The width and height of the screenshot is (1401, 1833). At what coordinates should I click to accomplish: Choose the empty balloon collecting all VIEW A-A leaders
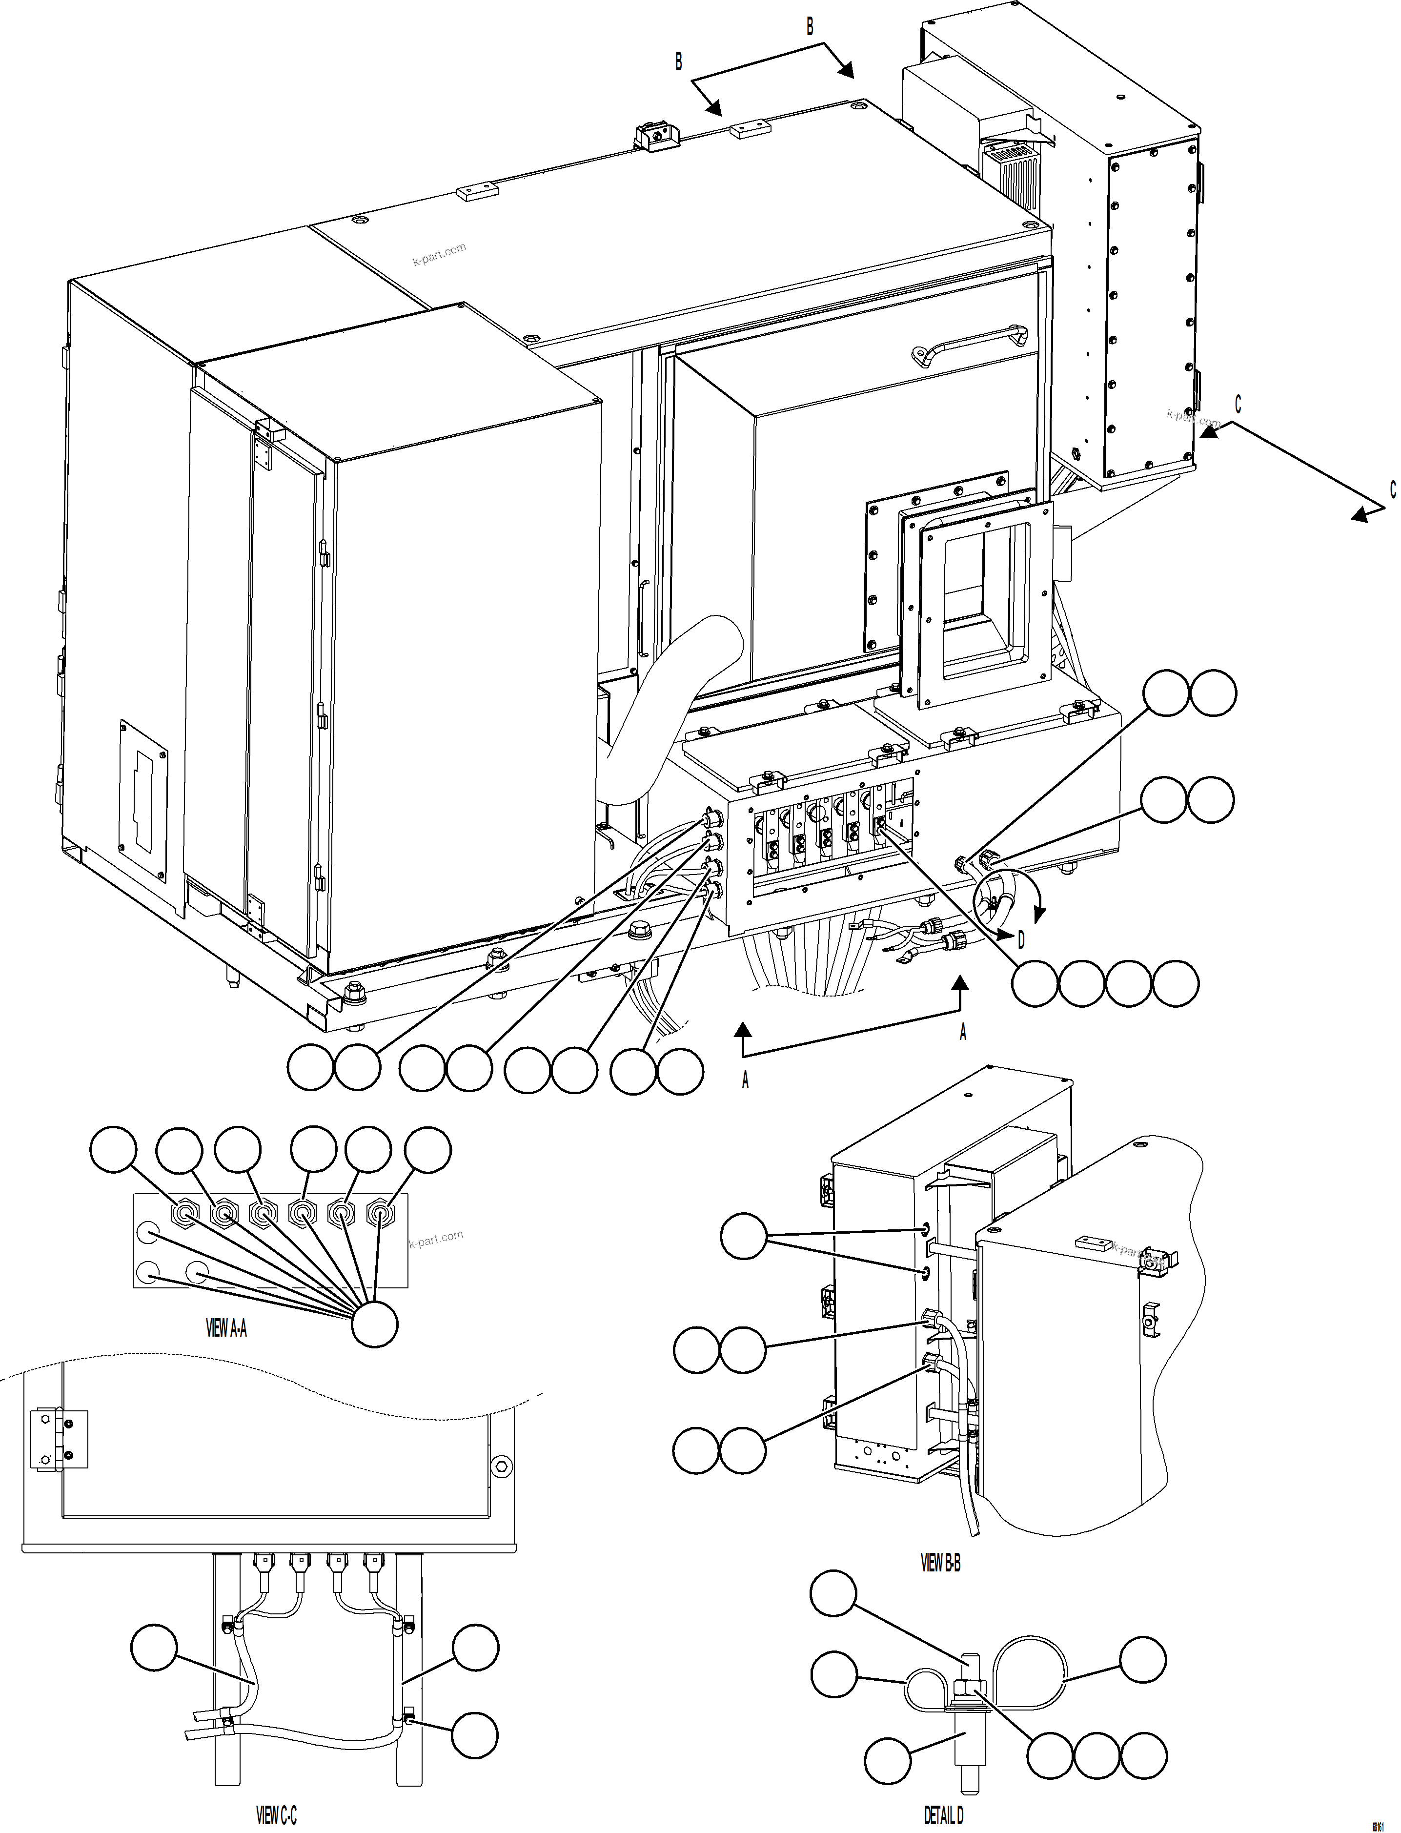(374, 1324)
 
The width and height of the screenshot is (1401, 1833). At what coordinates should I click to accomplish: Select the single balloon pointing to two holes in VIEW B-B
(743, 1236)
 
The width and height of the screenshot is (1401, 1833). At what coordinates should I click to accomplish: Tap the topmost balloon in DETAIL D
(833, 1594)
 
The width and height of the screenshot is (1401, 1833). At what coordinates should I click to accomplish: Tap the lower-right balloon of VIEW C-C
(474, 1735)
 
